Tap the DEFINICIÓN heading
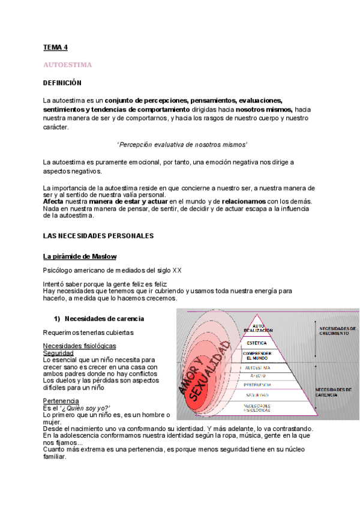point(62,82)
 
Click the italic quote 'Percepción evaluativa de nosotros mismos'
point(182,145)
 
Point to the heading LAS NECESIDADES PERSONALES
point(98,236)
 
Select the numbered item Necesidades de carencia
point(104,318)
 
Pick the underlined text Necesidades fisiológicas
point(79,346)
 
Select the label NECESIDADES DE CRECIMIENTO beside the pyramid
point(338,331)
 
